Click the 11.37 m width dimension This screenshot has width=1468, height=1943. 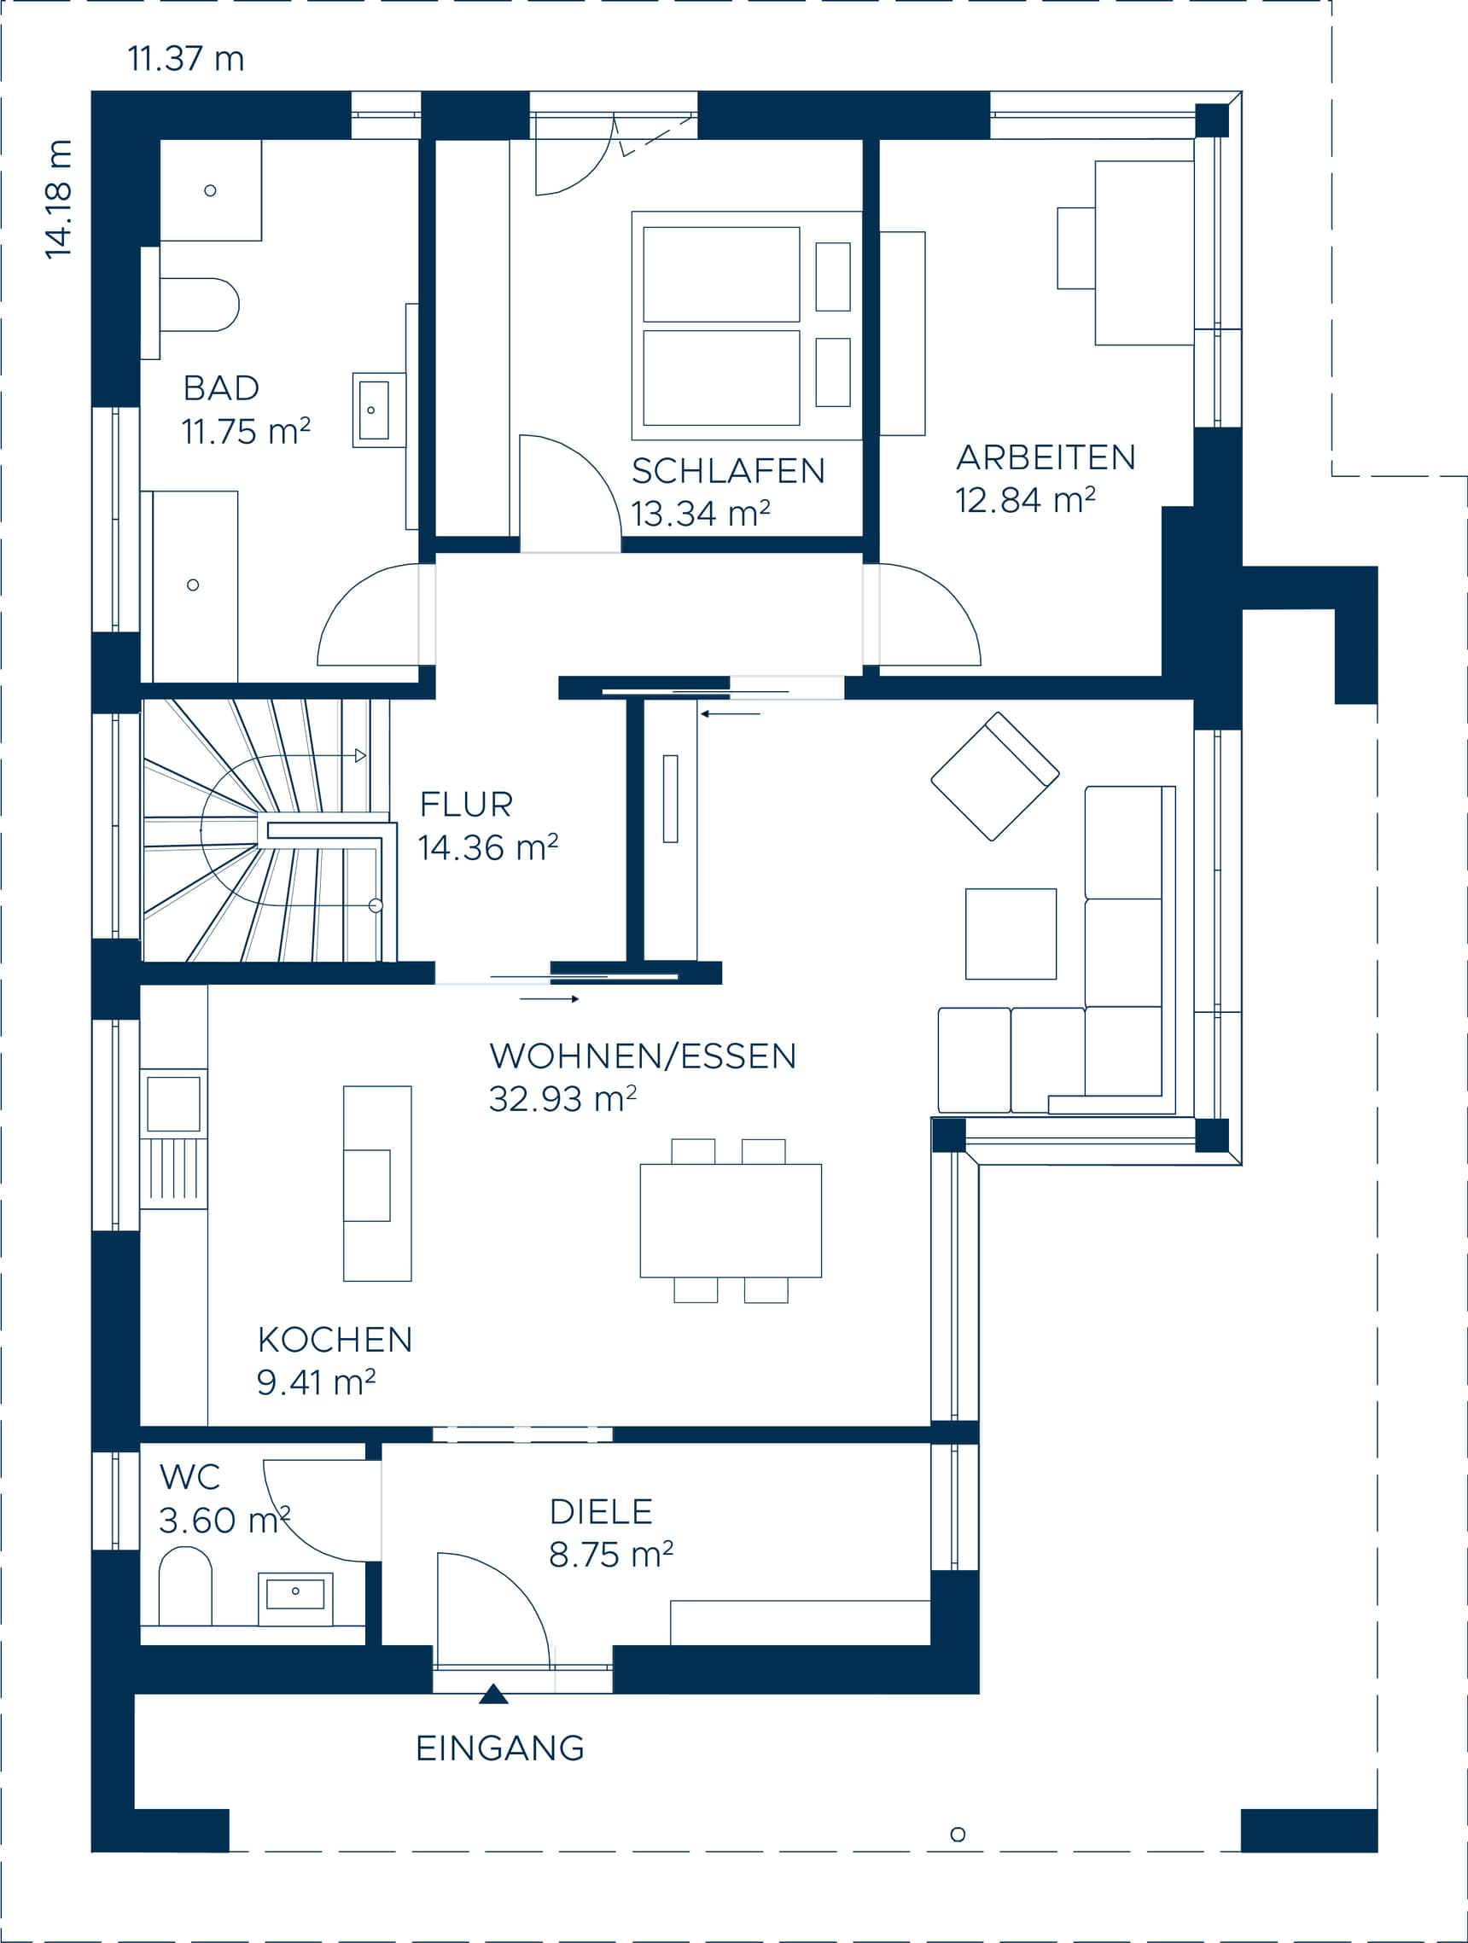pos(185,59)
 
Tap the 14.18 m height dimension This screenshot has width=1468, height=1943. pos(59,200)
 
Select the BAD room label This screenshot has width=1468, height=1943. pos(220,387)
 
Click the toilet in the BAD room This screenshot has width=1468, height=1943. pos(199,305)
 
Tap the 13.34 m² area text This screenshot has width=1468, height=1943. pos(700,513)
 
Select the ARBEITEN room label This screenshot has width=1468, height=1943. pos(1046,457)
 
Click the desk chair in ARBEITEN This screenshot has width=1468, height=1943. pos(1075,248)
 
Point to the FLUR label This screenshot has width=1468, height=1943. pos(466,804)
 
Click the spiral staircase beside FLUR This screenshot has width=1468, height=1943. pos(264,830)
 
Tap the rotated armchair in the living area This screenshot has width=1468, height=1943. pos(994,777)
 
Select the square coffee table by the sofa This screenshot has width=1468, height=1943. pos(1011,934)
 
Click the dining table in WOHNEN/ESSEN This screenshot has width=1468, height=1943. pos(730,1220)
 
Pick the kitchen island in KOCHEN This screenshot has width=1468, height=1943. pos(377,1184)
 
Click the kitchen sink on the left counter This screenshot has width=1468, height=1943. pos(173,1103)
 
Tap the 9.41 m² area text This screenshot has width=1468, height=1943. pos(316,1382)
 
